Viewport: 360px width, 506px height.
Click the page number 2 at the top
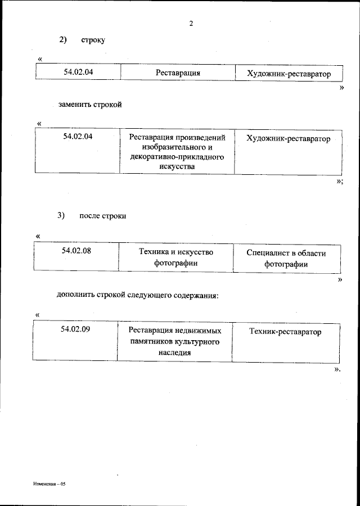(191, 24)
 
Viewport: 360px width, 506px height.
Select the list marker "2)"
(63, 40)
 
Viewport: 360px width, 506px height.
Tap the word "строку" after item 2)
(93, 40)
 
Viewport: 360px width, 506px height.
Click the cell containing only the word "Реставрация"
(178, 74)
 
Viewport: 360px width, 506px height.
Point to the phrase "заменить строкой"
(90, 105)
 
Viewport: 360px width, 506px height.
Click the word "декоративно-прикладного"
(177, 157)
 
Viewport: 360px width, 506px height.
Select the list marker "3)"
(62, 216)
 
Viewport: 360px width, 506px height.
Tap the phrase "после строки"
(103, 216)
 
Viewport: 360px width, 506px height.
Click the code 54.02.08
(76, 251)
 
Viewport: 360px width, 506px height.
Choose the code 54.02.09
(76, 330)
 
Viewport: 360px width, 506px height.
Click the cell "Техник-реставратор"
(285, 332)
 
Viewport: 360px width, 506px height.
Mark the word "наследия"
(174, 353)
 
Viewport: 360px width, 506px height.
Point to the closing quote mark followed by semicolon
(339, 181)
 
